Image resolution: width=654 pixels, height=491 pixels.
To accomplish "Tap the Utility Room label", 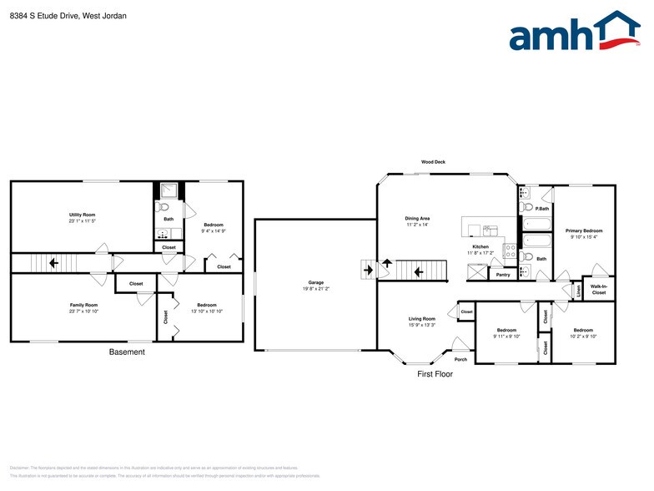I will point(82,215).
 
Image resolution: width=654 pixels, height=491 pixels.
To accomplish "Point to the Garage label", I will point(315,282).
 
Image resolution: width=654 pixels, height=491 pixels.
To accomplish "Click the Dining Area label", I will point(416,219).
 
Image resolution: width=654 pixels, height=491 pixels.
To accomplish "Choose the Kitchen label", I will point(481,247).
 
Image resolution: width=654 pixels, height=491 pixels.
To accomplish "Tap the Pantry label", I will point(502,275).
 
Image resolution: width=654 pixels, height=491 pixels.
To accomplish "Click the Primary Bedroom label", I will point(583,230).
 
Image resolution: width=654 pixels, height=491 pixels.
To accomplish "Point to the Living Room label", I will point(421,319).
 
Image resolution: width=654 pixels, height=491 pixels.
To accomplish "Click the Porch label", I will point(460,359).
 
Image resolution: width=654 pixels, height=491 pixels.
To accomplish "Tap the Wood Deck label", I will point(433,162).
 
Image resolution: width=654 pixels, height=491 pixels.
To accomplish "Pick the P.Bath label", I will point(541,208).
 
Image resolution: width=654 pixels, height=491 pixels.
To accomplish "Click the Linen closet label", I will point(578,290).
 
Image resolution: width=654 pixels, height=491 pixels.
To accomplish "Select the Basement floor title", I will point(127,352).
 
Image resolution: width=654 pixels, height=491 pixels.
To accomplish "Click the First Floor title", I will point(435,374).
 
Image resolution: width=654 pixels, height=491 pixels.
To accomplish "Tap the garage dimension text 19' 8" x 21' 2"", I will point(315,289).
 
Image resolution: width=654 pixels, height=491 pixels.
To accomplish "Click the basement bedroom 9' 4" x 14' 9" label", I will point(214,230).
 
